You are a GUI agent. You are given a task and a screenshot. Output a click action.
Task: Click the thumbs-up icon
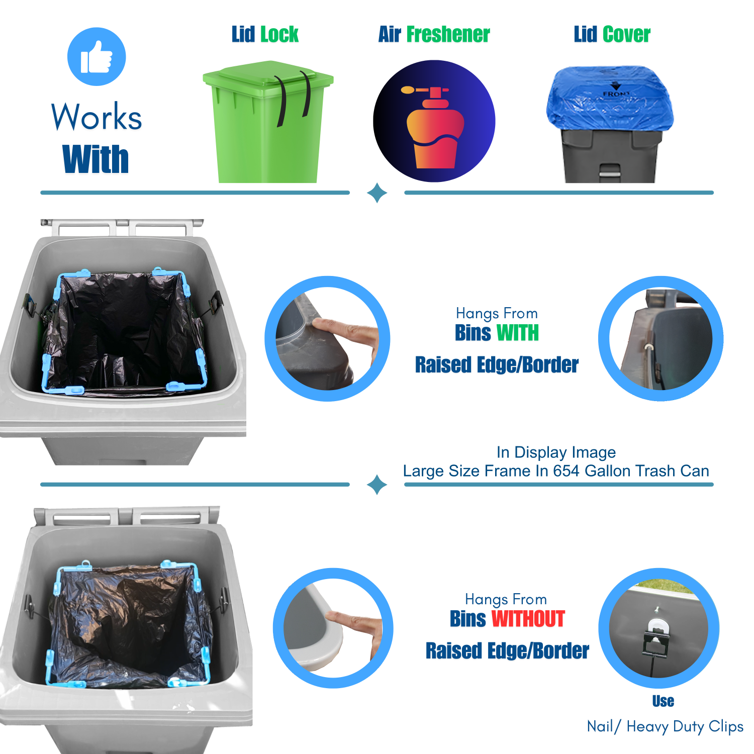(x=97, y=57)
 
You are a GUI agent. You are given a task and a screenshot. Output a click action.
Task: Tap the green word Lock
(x=279, y=34)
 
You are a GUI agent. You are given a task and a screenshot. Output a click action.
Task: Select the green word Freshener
(x=448, y=34)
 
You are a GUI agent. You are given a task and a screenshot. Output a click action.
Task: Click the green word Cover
(x=626, y=34)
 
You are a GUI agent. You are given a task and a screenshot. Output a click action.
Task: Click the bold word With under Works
(x=96, y=159)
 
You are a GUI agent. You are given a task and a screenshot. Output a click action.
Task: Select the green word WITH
(x=517, y=333)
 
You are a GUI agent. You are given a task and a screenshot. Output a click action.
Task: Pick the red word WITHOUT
(x=528, y=619)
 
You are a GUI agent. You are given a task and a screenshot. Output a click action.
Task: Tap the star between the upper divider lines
(x=377, y=193)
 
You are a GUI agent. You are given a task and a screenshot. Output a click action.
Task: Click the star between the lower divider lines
(x=377, y=485)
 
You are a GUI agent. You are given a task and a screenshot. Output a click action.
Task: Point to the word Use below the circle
(x=663, y=701)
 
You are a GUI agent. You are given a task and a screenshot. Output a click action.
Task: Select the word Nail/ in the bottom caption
(x=604, y=726)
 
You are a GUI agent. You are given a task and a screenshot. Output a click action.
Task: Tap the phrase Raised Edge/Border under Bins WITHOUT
(x=507, y=651)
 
